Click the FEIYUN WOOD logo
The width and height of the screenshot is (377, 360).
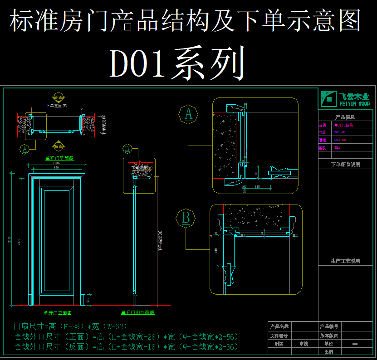coord(345,98)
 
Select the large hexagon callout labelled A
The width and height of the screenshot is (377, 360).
coord(188,114)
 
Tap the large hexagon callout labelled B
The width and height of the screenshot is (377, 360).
coord(186,218)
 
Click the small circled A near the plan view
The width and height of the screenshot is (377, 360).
coord(25,148)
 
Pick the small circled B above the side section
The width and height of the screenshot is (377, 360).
coord(127,148)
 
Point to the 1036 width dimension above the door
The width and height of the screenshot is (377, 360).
coord(56,163)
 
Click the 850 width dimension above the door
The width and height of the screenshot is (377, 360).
coord(56,168)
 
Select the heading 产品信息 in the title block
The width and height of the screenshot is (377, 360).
coord(345,117)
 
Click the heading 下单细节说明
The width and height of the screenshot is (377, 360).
coord(345,165)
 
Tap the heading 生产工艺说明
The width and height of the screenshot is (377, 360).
coord(345,261)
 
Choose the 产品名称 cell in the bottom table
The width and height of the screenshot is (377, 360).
coord(279,326)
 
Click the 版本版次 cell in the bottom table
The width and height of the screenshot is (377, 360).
coord(329,336)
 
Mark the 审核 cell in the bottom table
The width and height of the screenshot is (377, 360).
coord(304,344)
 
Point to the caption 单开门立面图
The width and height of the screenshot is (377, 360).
coord(58,313)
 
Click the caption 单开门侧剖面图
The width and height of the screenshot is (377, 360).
coord(138,313)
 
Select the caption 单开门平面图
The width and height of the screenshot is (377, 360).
coord(59,158)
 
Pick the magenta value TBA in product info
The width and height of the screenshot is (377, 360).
coord(337,147)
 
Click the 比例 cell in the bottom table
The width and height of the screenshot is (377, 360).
coord(329,352)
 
